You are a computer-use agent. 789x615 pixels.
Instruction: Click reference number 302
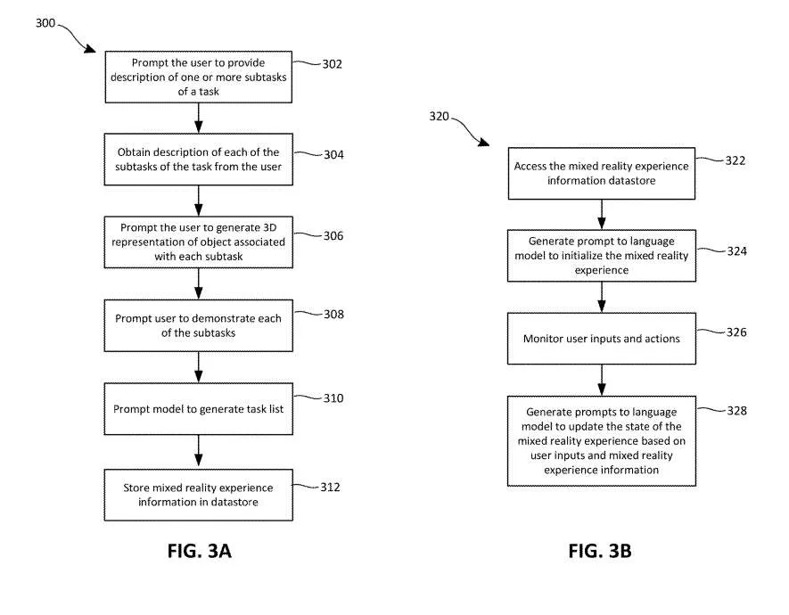pos(333,64)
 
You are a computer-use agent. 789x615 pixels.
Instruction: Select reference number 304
pos(333,154)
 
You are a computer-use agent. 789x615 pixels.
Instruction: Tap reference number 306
pos(333,235)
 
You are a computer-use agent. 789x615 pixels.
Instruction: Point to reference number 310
pos(333,398)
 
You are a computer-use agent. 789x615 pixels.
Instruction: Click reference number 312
pos(330,487)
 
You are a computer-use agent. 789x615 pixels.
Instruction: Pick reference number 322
pos(736,160)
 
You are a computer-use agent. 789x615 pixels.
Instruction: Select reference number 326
pos(736,332)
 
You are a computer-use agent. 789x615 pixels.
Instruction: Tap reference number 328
pos(736,410)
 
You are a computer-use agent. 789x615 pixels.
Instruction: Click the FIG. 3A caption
pos(200,551)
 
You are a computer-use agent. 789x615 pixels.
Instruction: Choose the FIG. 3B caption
pos(600,551)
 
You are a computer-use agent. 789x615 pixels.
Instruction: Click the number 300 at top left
pos(45,22)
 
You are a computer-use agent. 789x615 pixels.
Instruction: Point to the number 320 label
pos(439,116)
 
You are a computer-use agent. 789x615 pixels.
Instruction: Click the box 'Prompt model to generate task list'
pos(198,409)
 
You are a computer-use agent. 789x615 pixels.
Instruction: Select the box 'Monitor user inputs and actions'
pos(601,339)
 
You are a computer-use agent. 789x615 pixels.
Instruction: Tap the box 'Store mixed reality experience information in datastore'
pos(198,495)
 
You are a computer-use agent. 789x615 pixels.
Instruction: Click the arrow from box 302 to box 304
pos(198,119)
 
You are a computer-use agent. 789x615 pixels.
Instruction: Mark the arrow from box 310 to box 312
pos(198,452)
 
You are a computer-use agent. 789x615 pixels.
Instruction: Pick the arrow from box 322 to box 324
pos(601,214)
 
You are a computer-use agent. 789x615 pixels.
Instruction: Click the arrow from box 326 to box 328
pos(601,381)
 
